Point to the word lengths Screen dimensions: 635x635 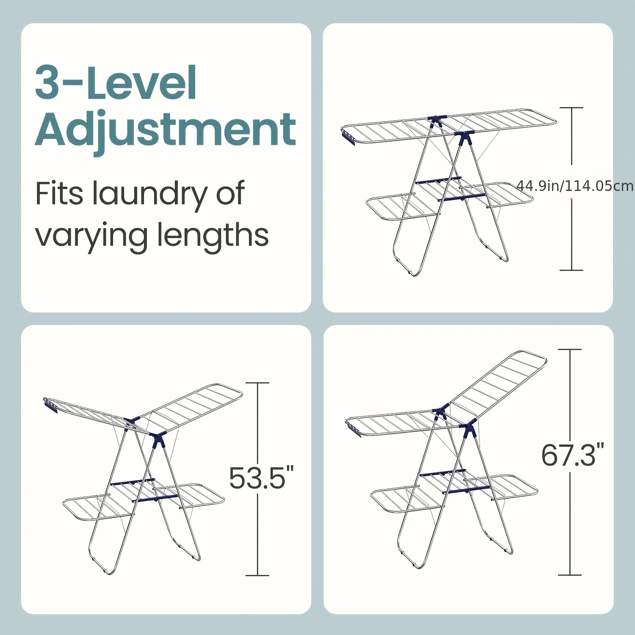(213, 234)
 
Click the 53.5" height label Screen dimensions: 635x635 (261, 478)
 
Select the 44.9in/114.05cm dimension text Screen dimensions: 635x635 (575, 186)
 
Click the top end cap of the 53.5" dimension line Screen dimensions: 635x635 (257, 383)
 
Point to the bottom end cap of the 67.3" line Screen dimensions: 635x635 (570, 575)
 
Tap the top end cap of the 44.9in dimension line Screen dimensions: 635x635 (571, 108)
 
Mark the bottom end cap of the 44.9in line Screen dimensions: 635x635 (571, 270)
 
